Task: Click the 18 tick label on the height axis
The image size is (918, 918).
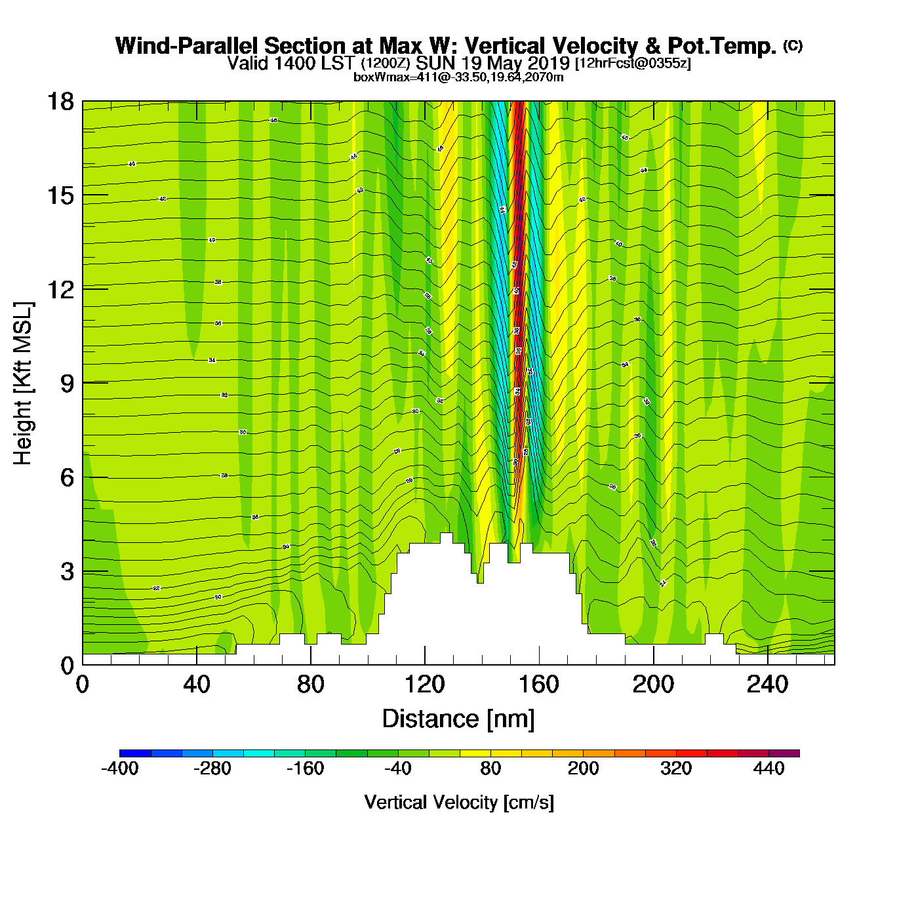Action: [x=60, y=102]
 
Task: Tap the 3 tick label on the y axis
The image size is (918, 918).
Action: [x=67, y=572]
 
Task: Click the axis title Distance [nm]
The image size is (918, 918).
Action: [x=458, y=719]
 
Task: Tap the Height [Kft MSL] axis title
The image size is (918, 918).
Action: [x=23, y=384]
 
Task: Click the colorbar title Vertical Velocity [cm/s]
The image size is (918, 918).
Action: [x=459, y=803]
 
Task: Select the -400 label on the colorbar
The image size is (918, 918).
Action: [x=120, y=768]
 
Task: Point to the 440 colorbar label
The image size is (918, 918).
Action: [x=768, y=768]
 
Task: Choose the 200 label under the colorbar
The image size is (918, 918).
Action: [x=583, y=768]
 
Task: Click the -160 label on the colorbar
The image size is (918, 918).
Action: [x=306, y=768]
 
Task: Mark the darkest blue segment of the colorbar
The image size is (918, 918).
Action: [x=135, y=753]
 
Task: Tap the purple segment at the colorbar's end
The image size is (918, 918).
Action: [x=784, y=753]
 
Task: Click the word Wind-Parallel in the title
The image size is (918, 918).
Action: [x=188, y=46]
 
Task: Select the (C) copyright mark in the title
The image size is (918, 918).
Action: [x=793, y=45]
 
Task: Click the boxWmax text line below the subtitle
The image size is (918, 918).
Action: [x=458, y=77]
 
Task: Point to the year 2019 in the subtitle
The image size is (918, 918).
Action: [x=549, y=64]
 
